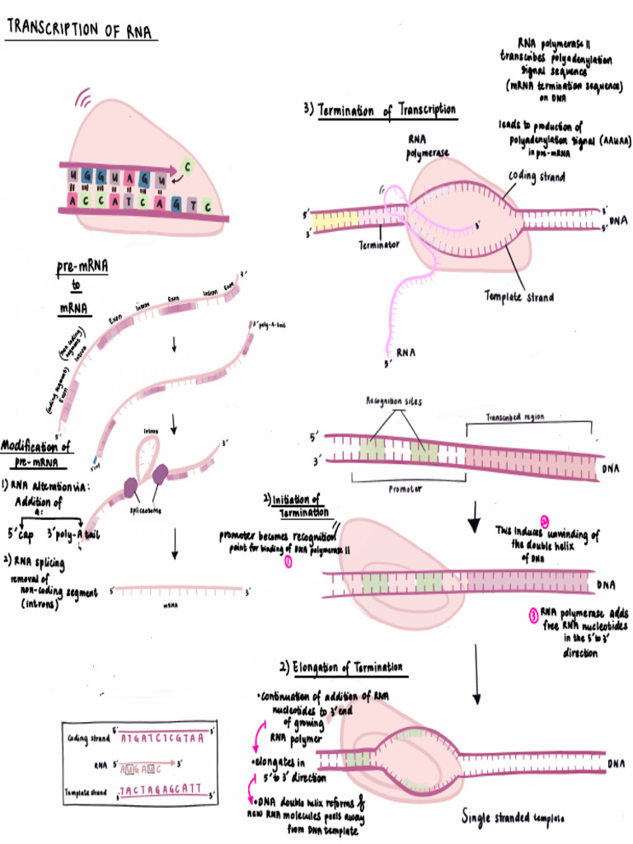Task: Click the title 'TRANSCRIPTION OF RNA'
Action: pyautogui.click(x=81, y=30)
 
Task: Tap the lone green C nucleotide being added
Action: pyautogui.click(x=188, y=167)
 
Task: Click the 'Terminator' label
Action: pyautogui.click(x=379, y=245)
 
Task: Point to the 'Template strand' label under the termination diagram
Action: pyautogui.click(x=518, y=297)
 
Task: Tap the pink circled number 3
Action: pyautogui.click(x=533, y=614)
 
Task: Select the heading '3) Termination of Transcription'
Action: pyautogui.click(x=380, y=110)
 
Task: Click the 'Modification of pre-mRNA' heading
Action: pyautogui.click(x=36, y=454)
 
